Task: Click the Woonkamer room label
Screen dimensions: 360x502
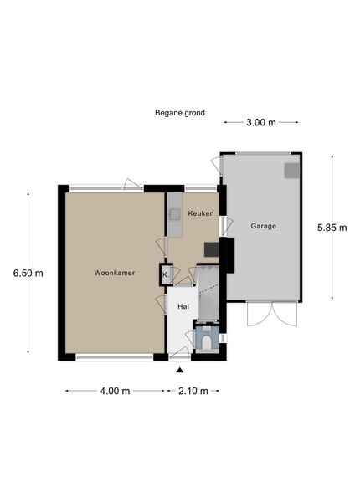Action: point(115,273)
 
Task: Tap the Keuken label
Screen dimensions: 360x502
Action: point(201,213)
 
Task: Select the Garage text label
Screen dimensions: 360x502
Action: point(263,226)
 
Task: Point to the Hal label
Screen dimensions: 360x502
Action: point(183,307)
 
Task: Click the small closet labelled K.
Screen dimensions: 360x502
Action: point(166,274)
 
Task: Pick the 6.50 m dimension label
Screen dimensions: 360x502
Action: point(28,273)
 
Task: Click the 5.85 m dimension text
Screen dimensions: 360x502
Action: point(332,228)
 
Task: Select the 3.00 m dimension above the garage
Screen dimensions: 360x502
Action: point(261,123)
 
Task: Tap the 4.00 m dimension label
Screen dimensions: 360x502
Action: point(115,391)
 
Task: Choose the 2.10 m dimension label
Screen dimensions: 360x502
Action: point(193,391)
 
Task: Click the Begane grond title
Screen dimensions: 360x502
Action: point(180,113)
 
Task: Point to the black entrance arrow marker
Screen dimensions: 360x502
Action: point(180,371)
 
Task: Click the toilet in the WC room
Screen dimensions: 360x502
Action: point(208,340)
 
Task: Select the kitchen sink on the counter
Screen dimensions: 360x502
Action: point(175,214)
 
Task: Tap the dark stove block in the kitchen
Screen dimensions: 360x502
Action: point(212,249)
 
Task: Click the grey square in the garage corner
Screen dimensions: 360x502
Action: point(292,171)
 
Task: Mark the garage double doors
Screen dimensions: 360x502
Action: point(272,314)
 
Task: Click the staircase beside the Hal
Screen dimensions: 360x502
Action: point(208,293)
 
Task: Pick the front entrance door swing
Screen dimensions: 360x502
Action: point(180,352)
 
